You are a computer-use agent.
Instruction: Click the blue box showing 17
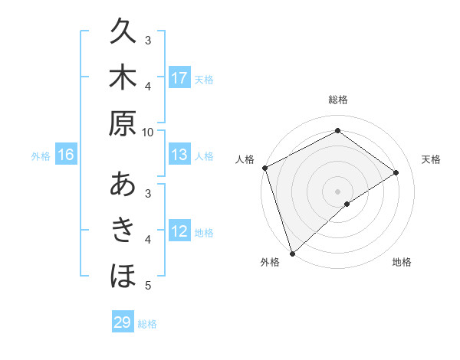click(x=179, y=77)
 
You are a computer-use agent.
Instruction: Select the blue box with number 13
click(x=179, y=155)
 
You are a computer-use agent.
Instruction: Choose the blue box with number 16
click(x=66, y=155)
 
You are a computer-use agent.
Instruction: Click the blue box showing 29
click(x=123, y=322)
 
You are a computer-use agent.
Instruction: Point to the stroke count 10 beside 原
click(x=148, y=132)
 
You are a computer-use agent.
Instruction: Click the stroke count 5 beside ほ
click(x=148, y=286)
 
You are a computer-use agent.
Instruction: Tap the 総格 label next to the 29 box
click(x=148, y=324)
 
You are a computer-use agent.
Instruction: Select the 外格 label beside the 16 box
click(x=41, y=156)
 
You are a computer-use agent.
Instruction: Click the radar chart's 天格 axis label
click(x=432, y=159)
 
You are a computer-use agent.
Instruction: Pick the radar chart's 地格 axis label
click(x=402, y=262)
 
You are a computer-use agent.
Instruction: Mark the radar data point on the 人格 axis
click(x=264, y=168)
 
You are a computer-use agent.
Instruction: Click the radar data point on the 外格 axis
click(x=292, y=253)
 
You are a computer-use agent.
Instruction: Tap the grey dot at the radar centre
click(x=337, y=191)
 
